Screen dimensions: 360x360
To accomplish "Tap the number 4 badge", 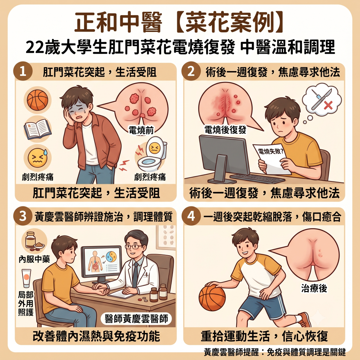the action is coord(191,216).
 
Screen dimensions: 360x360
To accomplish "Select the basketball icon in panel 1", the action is coord(37,100).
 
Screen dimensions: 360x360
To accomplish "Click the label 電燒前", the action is coord(141,130).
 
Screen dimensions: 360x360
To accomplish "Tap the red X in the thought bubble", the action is coord(328,105).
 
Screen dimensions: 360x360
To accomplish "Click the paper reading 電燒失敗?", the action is coord(271,159).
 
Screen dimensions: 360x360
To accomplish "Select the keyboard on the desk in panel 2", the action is coord(257,178).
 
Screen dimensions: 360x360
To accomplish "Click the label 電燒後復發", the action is coord(225,130).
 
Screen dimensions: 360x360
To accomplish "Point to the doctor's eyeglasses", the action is coord(133,247).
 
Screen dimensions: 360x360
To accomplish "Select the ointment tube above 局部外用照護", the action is coord(26,278).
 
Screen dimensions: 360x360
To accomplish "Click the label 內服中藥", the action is coord(34,259).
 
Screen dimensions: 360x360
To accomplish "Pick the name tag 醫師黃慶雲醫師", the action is coord(136,319).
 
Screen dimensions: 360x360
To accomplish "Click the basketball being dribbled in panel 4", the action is coord(212,298).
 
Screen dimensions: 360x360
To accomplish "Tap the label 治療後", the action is coord(314,288).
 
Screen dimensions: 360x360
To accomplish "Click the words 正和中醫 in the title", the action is coord(118,23).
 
